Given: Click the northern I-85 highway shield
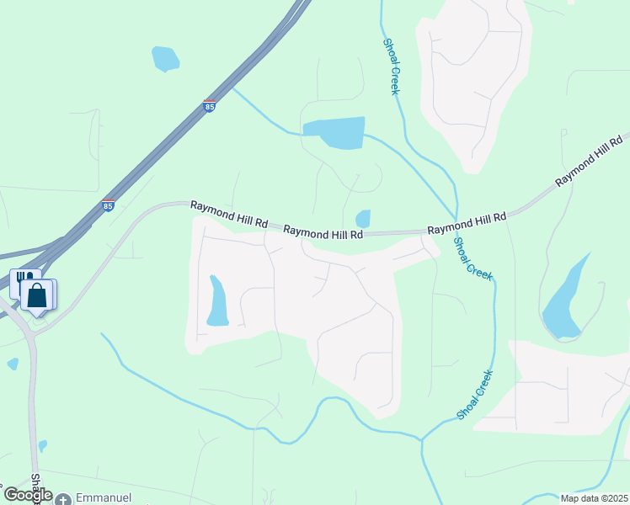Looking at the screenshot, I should (x=209, y=106).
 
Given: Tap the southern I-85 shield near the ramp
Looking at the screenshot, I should (x=108, y=205).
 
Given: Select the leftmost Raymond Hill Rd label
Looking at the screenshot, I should (x=228, y=215).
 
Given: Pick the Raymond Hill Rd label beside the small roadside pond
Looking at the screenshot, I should (x=323, y=231).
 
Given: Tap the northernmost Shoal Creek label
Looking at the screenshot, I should (x=390, y=66).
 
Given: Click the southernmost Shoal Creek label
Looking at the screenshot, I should (x=474, y=395).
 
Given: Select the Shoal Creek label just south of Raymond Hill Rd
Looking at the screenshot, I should (x=472, y=258).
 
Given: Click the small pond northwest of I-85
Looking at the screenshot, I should (x=165, y=58).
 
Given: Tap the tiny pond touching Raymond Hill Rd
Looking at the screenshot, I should (x=363, y=219).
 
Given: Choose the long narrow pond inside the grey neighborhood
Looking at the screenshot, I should (x=217, y=301).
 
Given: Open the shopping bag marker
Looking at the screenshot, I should (x=37, y=295).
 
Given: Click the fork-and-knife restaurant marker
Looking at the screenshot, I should (x=24, y=280).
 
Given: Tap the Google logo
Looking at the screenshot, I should (x=28, y=495).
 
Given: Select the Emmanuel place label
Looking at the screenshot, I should (x=103, y=498).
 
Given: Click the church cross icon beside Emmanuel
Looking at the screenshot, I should (x=63, y=499).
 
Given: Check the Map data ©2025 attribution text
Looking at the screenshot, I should (x=594, y=498).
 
